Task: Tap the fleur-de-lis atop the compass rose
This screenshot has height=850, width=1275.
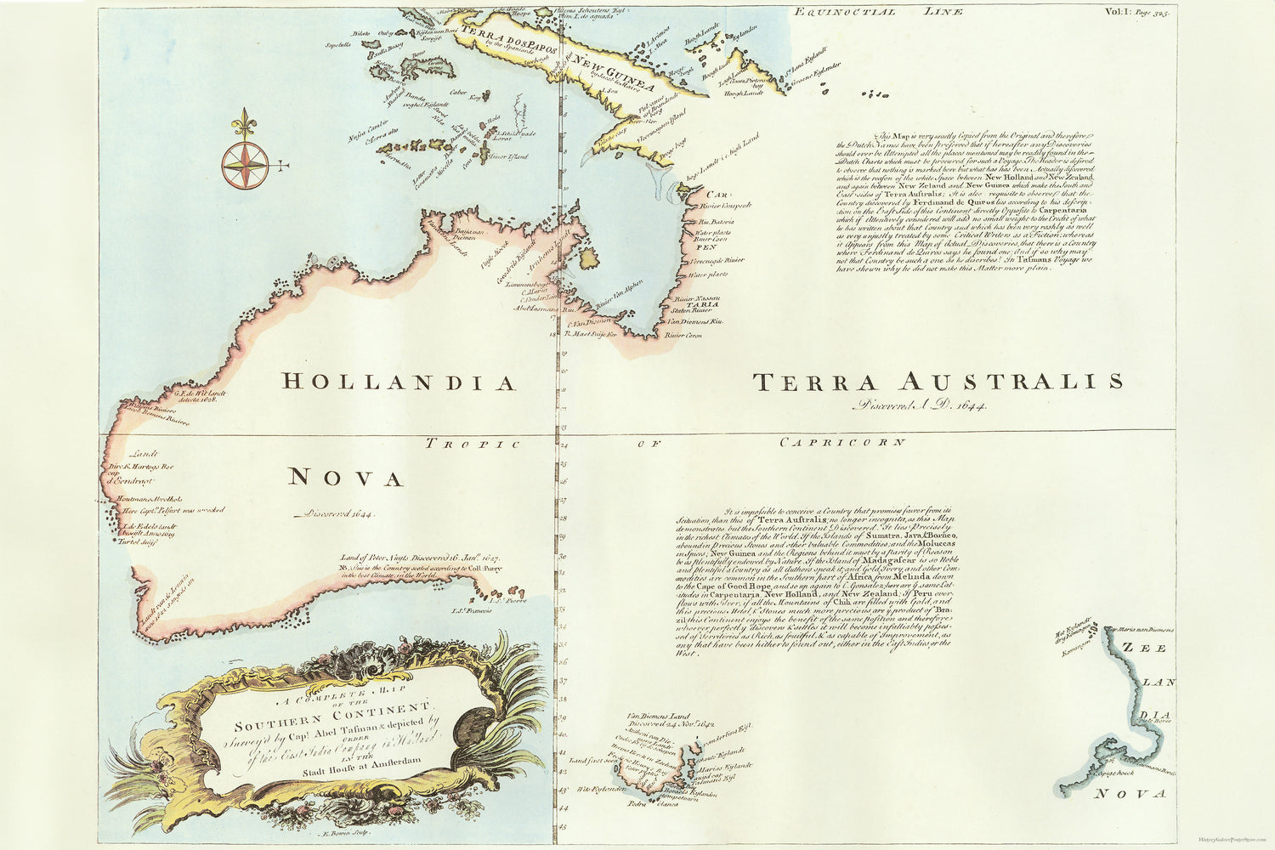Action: click(x=245, y=123)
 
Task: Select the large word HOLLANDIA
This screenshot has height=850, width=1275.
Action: click(x=399, y=382)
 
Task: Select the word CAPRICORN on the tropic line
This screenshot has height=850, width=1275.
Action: click(x=842, y=442)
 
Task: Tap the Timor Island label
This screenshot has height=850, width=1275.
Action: click(x=508, y=157)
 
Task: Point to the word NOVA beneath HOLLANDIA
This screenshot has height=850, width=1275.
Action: click(x=345, y=479)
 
